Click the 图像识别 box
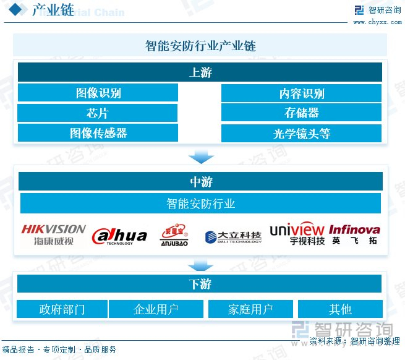98,93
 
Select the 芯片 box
98,113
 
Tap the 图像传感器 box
98,132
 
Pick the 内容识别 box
301,93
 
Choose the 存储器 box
301,113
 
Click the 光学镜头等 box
301,133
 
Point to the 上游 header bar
200,72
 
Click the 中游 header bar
200,181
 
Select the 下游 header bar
200,284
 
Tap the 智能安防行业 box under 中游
200,203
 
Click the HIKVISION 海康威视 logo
53,234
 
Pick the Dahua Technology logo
119,236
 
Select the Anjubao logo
173,235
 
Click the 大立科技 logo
234,236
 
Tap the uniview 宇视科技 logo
297,234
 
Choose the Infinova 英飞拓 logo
354,234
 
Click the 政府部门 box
62,309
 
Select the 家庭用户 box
250,309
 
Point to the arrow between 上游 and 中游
200,156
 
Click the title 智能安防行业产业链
200,46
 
